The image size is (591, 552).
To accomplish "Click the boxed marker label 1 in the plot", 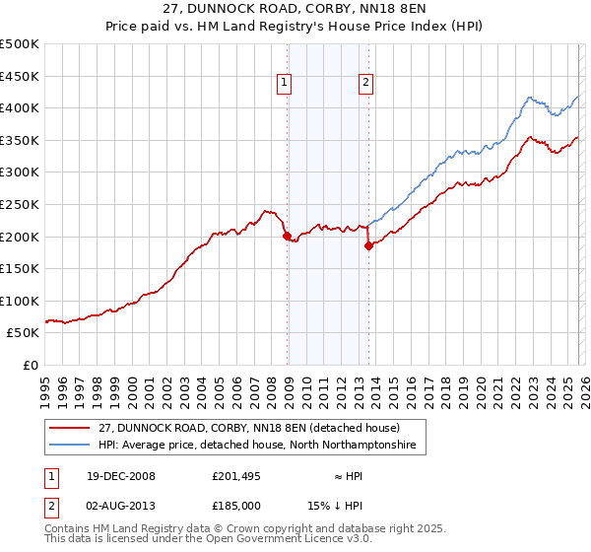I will tap(284, 84).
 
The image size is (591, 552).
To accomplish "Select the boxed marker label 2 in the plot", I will tap(365, 84).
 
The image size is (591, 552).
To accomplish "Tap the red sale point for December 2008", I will tap(287, 236).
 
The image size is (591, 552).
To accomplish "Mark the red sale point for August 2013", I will tap(368, 246).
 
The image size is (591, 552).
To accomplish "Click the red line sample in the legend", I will tap(71, 429).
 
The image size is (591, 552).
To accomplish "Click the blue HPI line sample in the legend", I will tap(71, 447).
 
